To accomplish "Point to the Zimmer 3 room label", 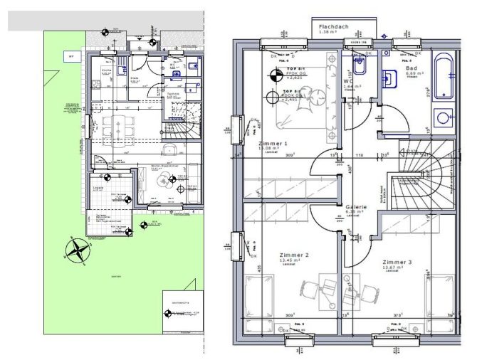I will pos(397,263).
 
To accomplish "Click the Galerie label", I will pos(356,206).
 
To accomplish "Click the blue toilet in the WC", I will pos(360,67).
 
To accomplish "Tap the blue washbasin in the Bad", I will pos(391,78).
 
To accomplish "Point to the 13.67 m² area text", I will pos(397,268).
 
